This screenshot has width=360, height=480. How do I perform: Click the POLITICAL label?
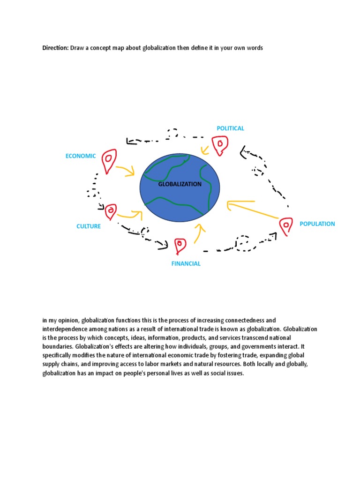point(230,128)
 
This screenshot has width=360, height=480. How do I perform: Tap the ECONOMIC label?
point(81,156)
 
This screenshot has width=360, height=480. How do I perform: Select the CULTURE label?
point(89,226)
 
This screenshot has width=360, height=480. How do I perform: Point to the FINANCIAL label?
point(186,263)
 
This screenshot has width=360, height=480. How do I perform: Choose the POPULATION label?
point(317,224)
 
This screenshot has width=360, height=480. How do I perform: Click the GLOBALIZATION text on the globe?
point(180,184)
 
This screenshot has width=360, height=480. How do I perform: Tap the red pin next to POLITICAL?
point(219,145)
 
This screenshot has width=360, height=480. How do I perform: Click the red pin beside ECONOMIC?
point(109,161)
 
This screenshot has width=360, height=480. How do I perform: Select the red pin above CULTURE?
point(111,212)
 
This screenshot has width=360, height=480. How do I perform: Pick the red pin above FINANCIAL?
point(180,246)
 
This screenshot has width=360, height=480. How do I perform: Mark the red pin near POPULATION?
point(285,226)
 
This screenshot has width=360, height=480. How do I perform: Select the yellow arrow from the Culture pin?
point(130,216)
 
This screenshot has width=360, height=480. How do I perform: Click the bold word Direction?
point(55,48)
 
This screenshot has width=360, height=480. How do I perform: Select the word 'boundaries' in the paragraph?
point(56,347)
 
